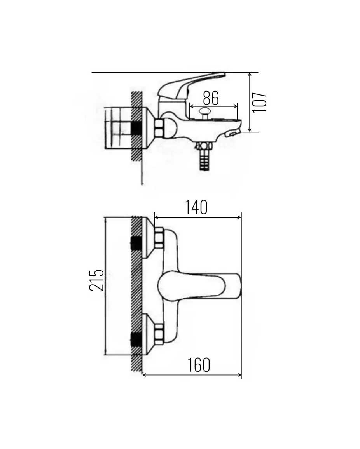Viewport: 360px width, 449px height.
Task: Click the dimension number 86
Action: click(x=211, y=98)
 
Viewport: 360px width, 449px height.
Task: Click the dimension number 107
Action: click(x=260, y=102)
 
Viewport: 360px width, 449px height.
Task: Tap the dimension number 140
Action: click(x=196, y=207)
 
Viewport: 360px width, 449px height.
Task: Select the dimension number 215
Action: click(x=96, y=280)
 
